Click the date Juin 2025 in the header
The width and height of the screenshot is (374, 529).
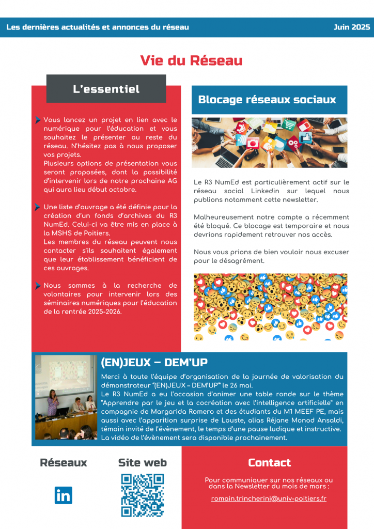[x=352, y=27]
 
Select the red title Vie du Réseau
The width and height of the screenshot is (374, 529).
[x=191, y=60]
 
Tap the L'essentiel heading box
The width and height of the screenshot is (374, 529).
[x=106, y=89]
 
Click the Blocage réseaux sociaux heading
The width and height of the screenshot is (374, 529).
[x=267, y=100]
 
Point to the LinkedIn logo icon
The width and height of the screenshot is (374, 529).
[x=63, y=495]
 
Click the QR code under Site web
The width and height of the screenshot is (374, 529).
[x=143, y=495]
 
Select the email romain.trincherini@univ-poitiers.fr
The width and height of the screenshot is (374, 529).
[x=269, y=499]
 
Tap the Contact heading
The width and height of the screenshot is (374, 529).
[x=269, y=462]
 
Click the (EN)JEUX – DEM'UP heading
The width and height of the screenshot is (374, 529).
[x=154, y=362]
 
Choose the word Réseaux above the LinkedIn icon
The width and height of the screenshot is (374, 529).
[x=63, y=462]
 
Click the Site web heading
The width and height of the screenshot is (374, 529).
[x=143, y=462]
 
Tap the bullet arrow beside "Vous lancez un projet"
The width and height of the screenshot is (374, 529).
[x=38, y=120]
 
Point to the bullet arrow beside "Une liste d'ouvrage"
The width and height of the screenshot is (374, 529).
[x=38, y=207]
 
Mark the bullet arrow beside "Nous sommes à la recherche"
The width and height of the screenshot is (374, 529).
[x=38, y=286]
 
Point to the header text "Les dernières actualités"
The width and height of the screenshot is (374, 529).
[x=57, y=27]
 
